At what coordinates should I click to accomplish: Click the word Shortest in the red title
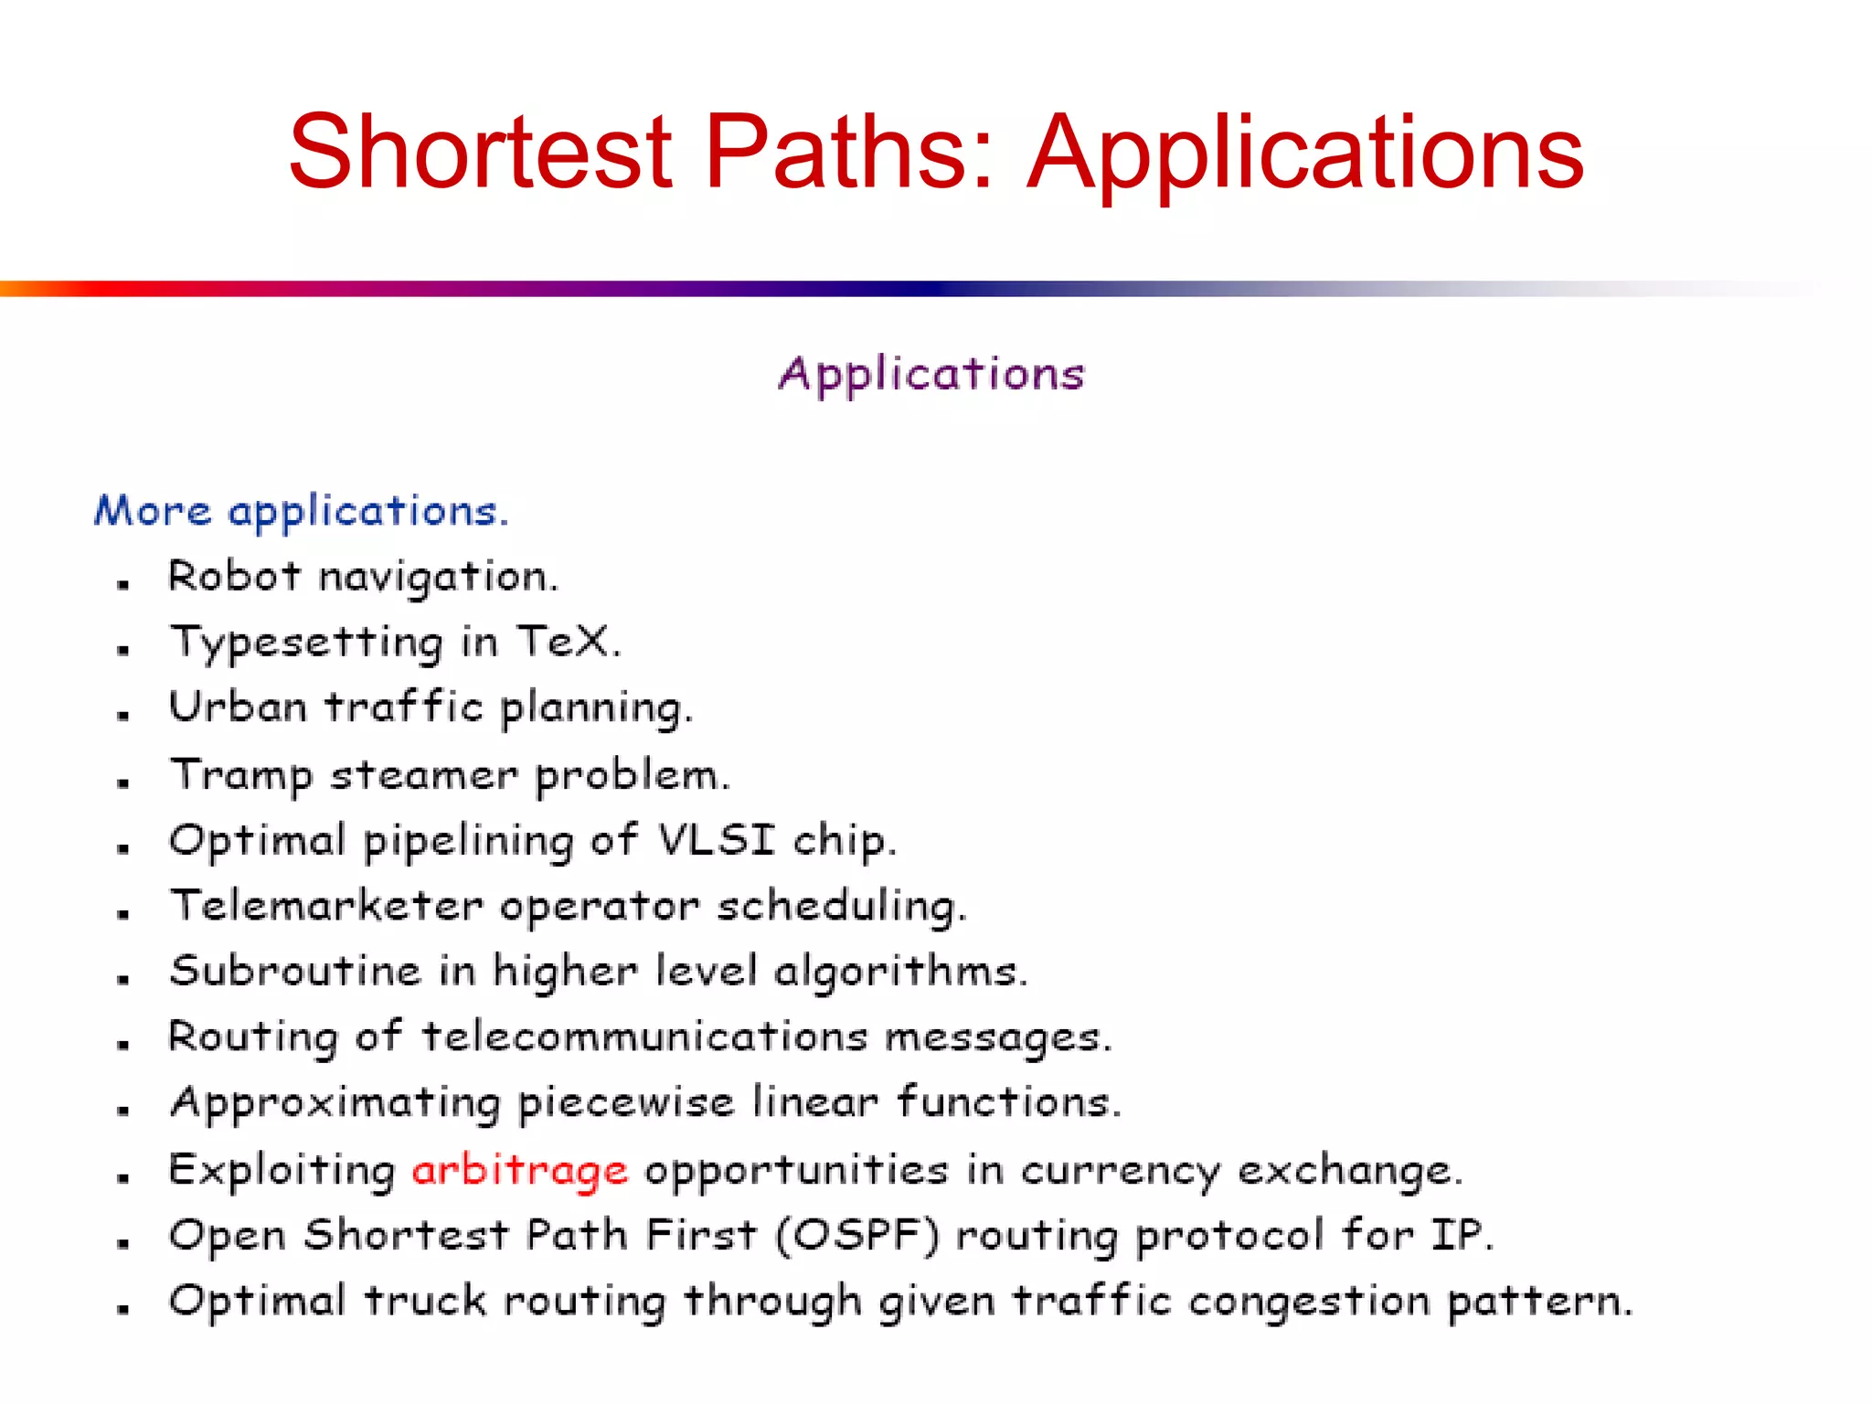(x=481, y=152)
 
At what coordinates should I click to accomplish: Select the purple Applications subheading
(x=931, y=374)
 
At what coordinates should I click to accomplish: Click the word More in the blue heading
(x=153, y=510)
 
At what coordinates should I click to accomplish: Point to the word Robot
(x=234, y=576)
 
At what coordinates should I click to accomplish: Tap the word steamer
(x=423, y=775)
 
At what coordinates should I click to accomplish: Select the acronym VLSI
(x=717, y=839)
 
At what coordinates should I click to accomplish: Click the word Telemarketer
(x=326, y=905)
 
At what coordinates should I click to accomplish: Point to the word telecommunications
(x=643, y=1037)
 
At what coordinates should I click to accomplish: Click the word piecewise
(x=626, y=1102)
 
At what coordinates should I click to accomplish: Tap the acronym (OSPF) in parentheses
(x=856, y=1235)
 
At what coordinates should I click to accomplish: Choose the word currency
(x=1120, y=1171)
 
